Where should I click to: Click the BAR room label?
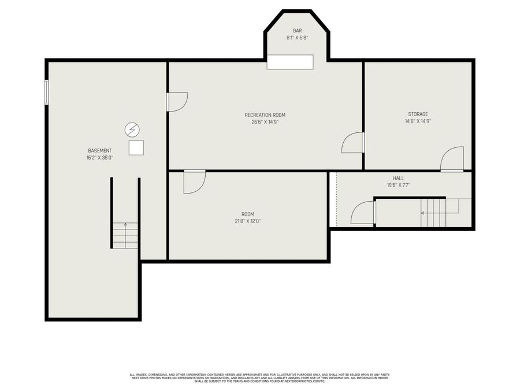[x=297, y=31]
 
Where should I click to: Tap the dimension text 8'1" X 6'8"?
[x=297, y=38]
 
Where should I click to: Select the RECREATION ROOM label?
[x=265, y=115]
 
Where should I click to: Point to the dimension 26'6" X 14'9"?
[x=265, y=122]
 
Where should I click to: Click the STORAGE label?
[x=418, y=114]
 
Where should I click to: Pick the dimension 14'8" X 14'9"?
[x=418, y=121]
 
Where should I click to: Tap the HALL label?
[x=398, y=179]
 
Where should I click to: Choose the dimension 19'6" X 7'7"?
[x=398, y=185]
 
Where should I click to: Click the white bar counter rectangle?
[x=290, y=62]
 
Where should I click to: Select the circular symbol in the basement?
[x=132, y=129]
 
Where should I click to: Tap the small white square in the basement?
[x=136, y=148]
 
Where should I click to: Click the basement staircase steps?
[x=125, y=235]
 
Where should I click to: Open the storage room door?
[x=452, y=159]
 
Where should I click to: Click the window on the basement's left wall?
[x=47, y=92]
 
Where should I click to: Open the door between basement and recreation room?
[x=177, y=102]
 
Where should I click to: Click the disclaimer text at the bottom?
[x=259, y=378]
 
